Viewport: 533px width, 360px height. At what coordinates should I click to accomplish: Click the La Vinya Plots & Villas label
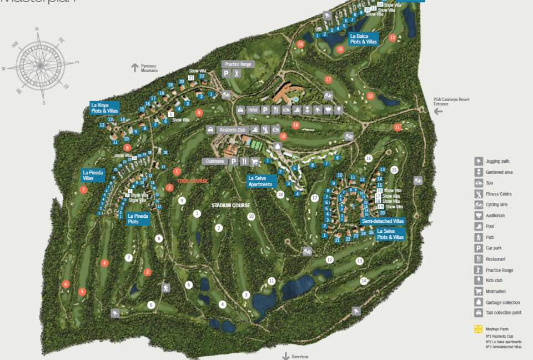pyautogui.click(x=105, y=107)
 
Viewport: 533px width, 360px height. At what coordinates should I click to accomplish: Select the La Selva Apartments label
pyautogui.click(x=260, y=181)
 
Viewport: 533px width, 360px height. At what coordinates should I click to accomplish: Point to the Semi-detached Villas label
pyautogui.click(x=383, y=221)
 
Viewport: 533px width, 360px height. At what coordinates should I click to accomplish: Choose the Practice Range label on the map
pyautogui.click(x=238, y=64)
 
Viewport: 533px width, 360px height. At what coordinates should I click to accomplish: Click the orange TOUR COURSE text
pyautogui.click(x=193, y=181)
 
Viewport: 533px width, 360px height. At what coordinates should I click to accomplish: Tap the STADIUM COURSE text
pyautogui.click(x=231, y=206)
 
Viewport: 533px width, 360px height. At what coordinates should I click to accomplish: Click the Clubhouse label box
pyautogui.click(x=214, y=161)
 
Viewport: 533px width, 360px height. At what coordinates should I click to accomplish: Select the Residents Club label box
pyautogui.click(x=233, y=130)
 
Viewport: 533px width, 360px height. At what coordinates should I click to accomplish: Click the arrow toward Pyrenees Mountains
pyautogui.click(x=134, y=67)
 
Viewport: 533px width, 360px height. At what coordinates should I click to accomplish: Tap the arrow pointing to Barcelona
pyautogui.click(x=286, y=356)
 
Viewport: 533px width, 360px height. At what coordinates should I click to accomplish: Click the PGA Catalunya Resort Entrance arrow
pyautogui.click(x=438, y=111)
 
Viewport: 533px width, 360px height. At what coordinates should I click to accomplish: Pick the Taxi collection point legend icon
pyautogui.click(x=479, y=313)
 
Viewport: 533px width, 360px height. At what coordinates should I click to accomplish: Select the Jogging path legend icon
pyautogui.click(x=479, y=161)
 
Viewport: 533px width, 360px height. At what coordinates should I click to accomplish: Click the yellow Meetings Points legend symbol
pyautogui.click(x=477, y=329)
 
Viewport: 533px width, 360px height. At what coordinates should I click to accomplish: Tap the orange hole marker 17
pyautogui.click(x=328, y=79)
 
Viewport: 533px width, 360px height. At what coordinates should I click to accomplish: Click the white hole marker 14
pyautogui.click(x=364, y=281)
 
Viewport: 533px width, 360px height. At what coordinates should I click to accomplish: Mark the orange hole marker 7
pyautogui.click(x=83, y=189)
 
